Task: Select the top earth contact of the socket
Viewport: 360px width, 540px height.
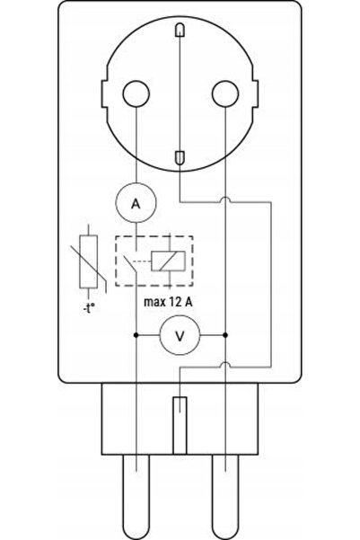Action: (x=180, y=30)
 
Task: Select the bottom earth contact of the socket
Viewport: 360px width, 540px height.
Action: (x=180, y=157)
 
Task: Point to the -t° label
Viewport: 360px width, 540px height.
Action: (x=89, y=308)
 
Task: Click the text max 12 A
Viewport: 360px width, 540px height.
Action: (x=168, y=302)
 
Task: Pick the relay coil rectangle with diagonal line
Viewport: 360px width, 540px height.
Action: (x=168, y=261)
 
